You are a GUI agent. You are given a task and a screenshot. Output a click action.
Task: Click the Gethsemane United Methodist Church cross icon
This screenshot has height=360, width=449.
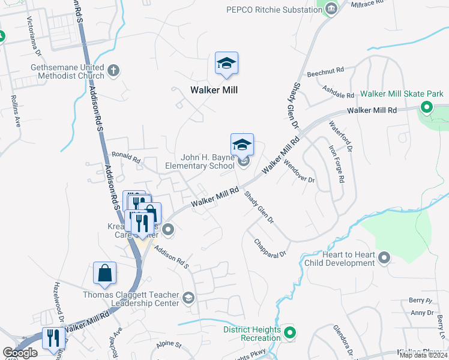(113, 71)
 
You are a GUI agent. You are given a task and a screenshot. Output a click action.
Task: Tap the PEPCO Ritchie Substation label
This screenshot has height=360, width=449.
(274, 10)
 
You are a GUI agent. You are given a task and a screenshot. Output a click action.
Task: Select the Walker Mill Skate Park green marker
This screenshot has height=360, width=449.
(427, 109)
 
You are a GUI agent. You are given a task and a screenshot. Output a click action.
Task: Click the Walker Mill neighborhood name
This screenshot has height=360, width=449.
(214, 90)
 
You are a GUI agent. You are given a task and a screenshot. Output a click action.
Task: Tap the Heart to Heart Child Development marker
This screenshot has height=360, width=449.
(385, 257)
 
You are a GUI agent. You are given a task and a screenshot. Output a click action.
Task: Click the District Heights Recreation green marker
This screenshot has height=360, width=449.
(290, 332)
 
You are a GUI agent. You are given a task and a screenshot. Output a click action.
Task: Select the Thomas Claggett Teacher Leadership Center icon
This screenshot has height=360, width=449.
(188, 298)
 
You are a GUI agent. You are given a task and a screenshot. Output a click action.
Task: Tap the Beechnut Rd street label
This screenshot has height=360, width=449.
(325, 72)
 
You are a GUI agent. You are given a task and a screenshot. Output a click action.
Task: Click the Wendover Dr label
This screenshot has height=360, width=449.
(299, 171)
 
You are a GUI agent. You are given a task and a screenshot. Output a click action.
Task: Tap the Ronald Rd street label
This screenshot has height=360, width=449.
(125, 160)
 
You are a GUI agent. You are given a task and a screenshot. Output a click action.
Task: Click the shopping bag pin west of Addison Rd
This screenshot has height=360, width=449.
(105, 273)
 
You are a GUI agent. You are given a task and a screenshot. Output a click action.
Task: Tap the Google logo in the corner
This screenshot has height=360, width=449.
(20, 353)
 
